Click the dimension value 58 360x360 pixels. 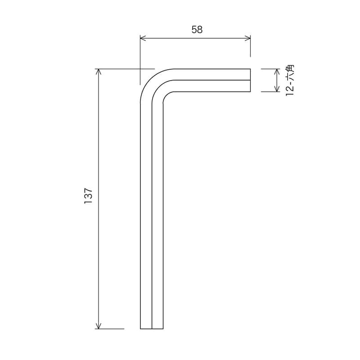pos(197,30)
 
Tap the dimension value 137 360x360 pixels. pos(88,197)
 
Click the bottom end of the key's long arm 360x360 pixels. pos(152,328)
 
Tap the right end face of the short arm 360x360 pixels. pos(250,80)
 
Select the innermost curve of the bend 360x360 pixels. pos(165,94)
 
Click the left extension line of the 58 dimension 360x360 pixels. pos(140,63)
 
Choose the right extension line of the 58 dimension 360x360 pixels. pos(250,49)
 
